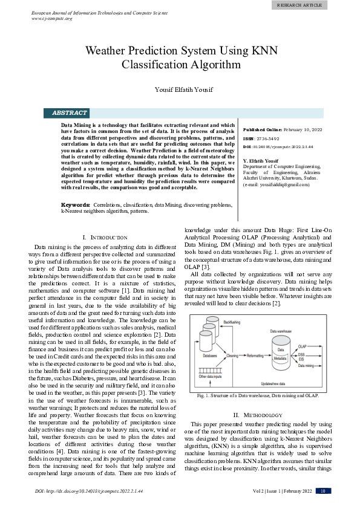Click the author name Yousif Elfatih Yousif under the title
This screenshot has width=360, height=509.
(180, 90)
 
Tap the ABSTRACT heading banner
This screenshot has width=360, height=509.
(70, 113)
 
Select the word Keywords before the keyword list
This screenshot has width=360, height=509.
(76, 206)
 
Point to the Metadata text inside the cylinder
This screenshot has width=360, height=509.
(280, 358)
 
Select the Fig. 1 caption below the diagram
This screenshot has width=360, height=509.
(258, 396)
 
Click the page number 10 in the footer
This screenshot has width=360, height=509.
(323, 491)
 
